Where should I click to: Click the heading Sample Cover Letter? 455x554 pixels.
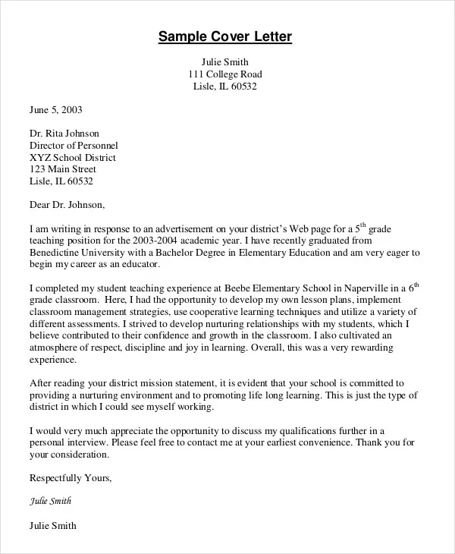224,37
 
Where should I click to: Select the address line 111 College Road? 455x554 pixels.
224,74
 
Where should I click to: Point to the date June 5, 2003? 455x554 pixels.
55,109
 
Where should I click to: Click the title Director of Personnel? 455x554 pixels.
74,145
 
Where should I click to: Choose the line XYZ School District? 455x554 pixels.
73,157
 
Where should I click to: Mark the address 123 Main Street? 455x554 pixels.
63,169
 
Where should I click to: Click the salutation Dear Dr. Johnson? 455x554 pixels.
67,204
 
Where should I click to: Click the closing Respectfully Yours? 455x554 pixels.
70,478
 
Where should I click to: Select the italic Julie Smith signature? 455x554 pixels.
52,502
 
